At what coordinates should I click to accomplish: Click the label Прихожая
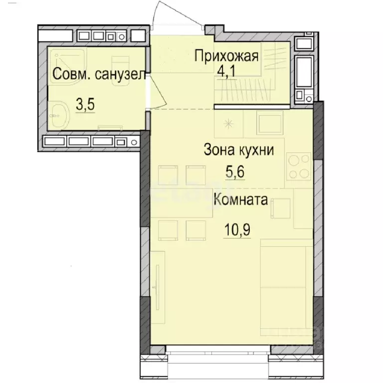[x=226, y=56]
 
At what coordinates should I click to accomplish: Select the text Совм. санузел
[x=99, y=74]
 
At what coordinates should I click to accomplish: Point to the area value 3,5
[x=85, y=105]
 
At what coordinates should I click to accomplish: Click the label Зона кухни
[x=239, y=150]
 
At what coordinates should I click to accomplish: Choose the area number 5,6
[x=235, y=172]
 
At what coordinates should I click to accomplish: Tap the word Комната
[x=241, y=199]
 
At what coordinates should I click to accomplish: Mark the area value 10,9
[x=237, y=229]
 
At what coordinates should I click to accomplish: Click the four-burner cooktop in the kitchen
[x=299, y=166]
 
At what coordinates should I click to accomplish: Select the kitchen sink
[x=270, y=123]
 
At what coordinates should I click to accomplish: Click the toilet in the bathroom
[x=120, y=71]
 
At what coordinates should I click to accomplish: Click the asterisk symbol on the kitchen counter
[x=228, y=124]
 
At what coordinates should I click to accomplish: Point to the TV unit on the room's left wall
[x=158, y=287]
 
